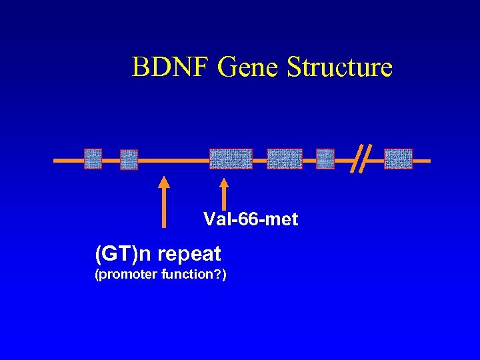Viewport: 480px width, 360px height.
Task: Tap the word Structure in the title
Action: pos(340,67)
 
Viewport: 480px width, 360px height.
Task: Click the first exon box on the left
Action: pos(93,159)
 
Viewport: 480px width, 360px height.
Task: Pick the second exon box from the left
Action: pos(129,159)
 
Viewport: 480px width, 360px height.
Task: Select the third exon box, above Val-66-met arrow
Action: pos(231,159)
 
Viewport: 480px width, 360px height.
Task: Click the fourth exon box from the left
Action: pos(285,159)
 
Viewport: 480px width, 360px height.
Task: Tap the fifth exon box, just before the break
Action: pos(325,159)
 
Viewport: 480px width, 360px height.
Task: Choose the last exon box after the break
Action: pos(399,159)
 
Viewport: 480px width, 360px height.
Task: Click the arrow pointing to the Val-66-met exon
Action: pos(225,193)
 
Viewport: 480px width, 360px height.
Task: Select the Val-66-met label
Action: pos(251,219)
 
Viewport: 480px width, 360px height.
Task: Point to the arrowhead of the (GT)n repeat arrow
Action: pos(164,180)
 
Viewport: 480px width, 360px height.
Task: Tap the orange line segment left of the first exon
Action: pos(69,161)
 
